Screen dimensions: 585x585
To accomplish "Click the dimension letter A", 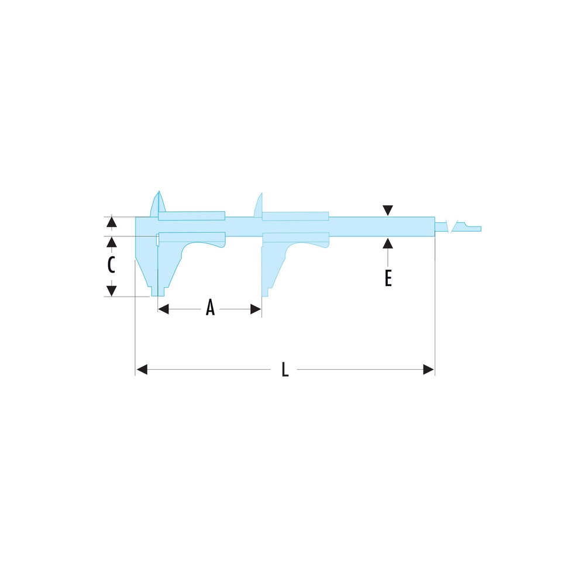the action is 211,308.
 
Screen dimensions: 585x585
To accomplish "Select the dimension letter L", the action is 285,369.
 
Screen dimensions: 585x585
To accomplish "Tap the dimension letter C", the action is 111,265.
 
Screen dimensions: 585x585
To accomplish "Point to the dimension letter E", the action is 388,278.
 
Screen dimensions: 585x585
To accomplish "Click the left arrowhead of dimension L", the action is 142,370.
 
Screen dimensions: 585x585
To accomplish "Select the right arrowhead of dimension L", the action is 429,370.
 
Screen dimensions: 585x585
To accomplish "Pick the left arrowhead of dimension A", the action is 163,309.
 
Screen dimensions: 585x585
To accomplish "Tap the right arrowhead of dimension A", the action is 256,309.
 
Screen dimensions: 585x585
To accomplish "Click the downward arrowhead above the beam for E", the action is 388,211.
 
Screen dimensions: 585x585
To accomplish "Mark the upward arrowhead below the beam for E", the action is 388,243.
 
